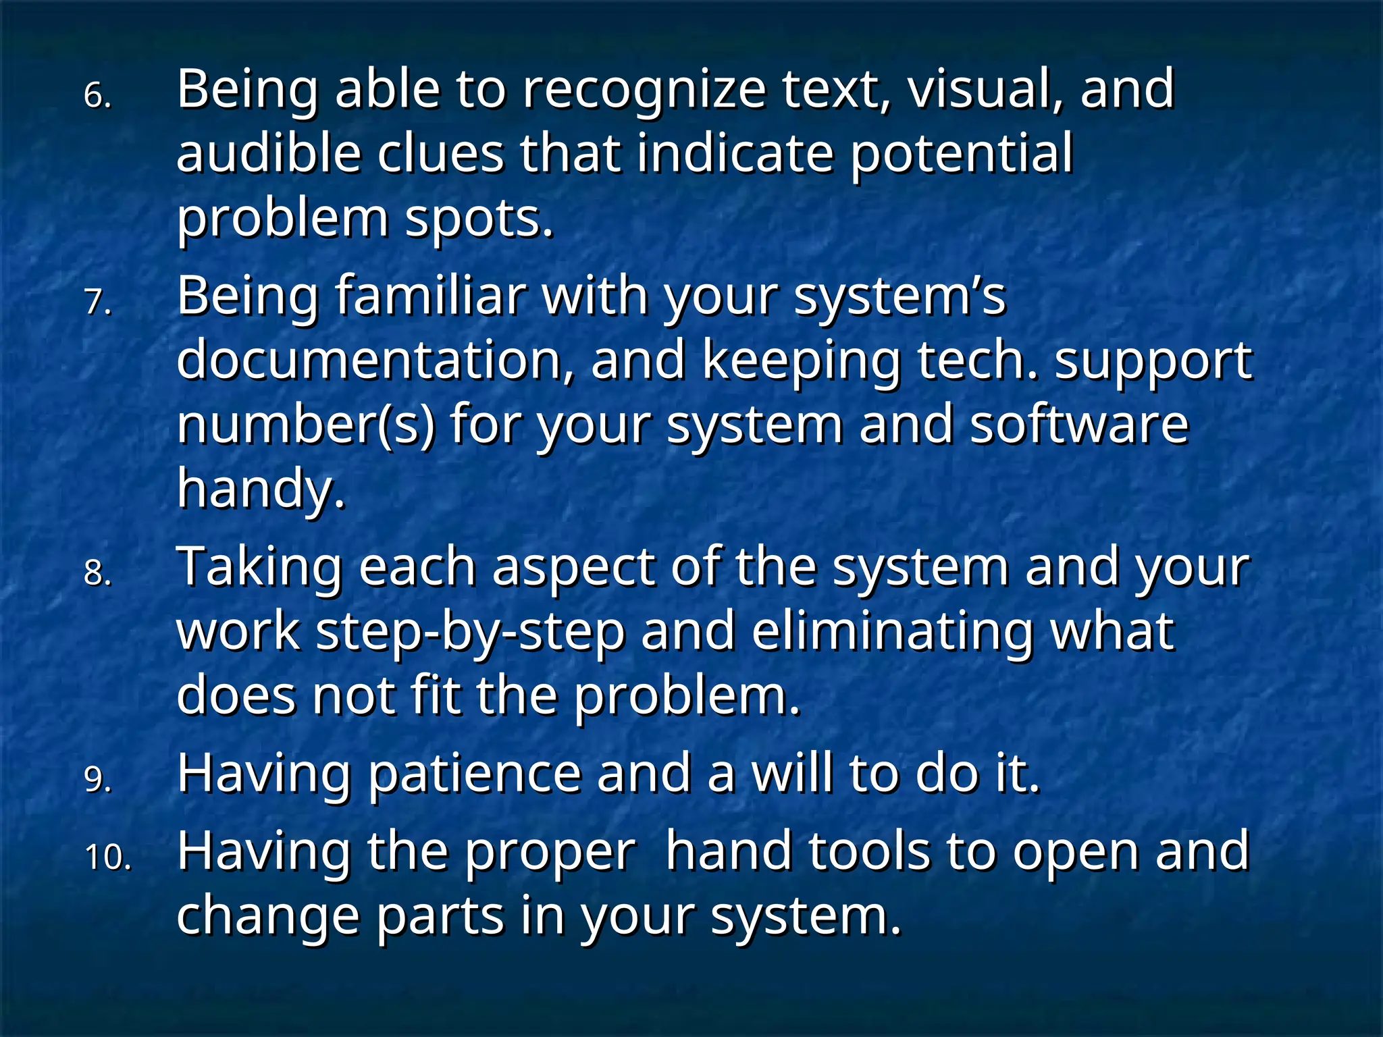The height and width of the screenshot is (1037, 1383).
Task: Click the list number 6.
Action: pyautogui.click(x=97, y=96)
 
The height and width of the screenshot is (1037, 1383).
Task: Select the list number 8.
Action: pyautogui.click(x=97, y=573)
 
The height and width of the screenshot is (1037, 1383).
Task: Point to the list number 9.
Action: pyautogui.click(x=97, y=779)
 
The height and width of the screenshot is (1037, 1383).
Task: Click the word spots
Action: pyautogui.click(x=479, y=220)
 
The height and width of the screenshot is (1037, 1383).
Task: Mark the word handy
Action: pyautogui.click(x=261, y=489)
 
